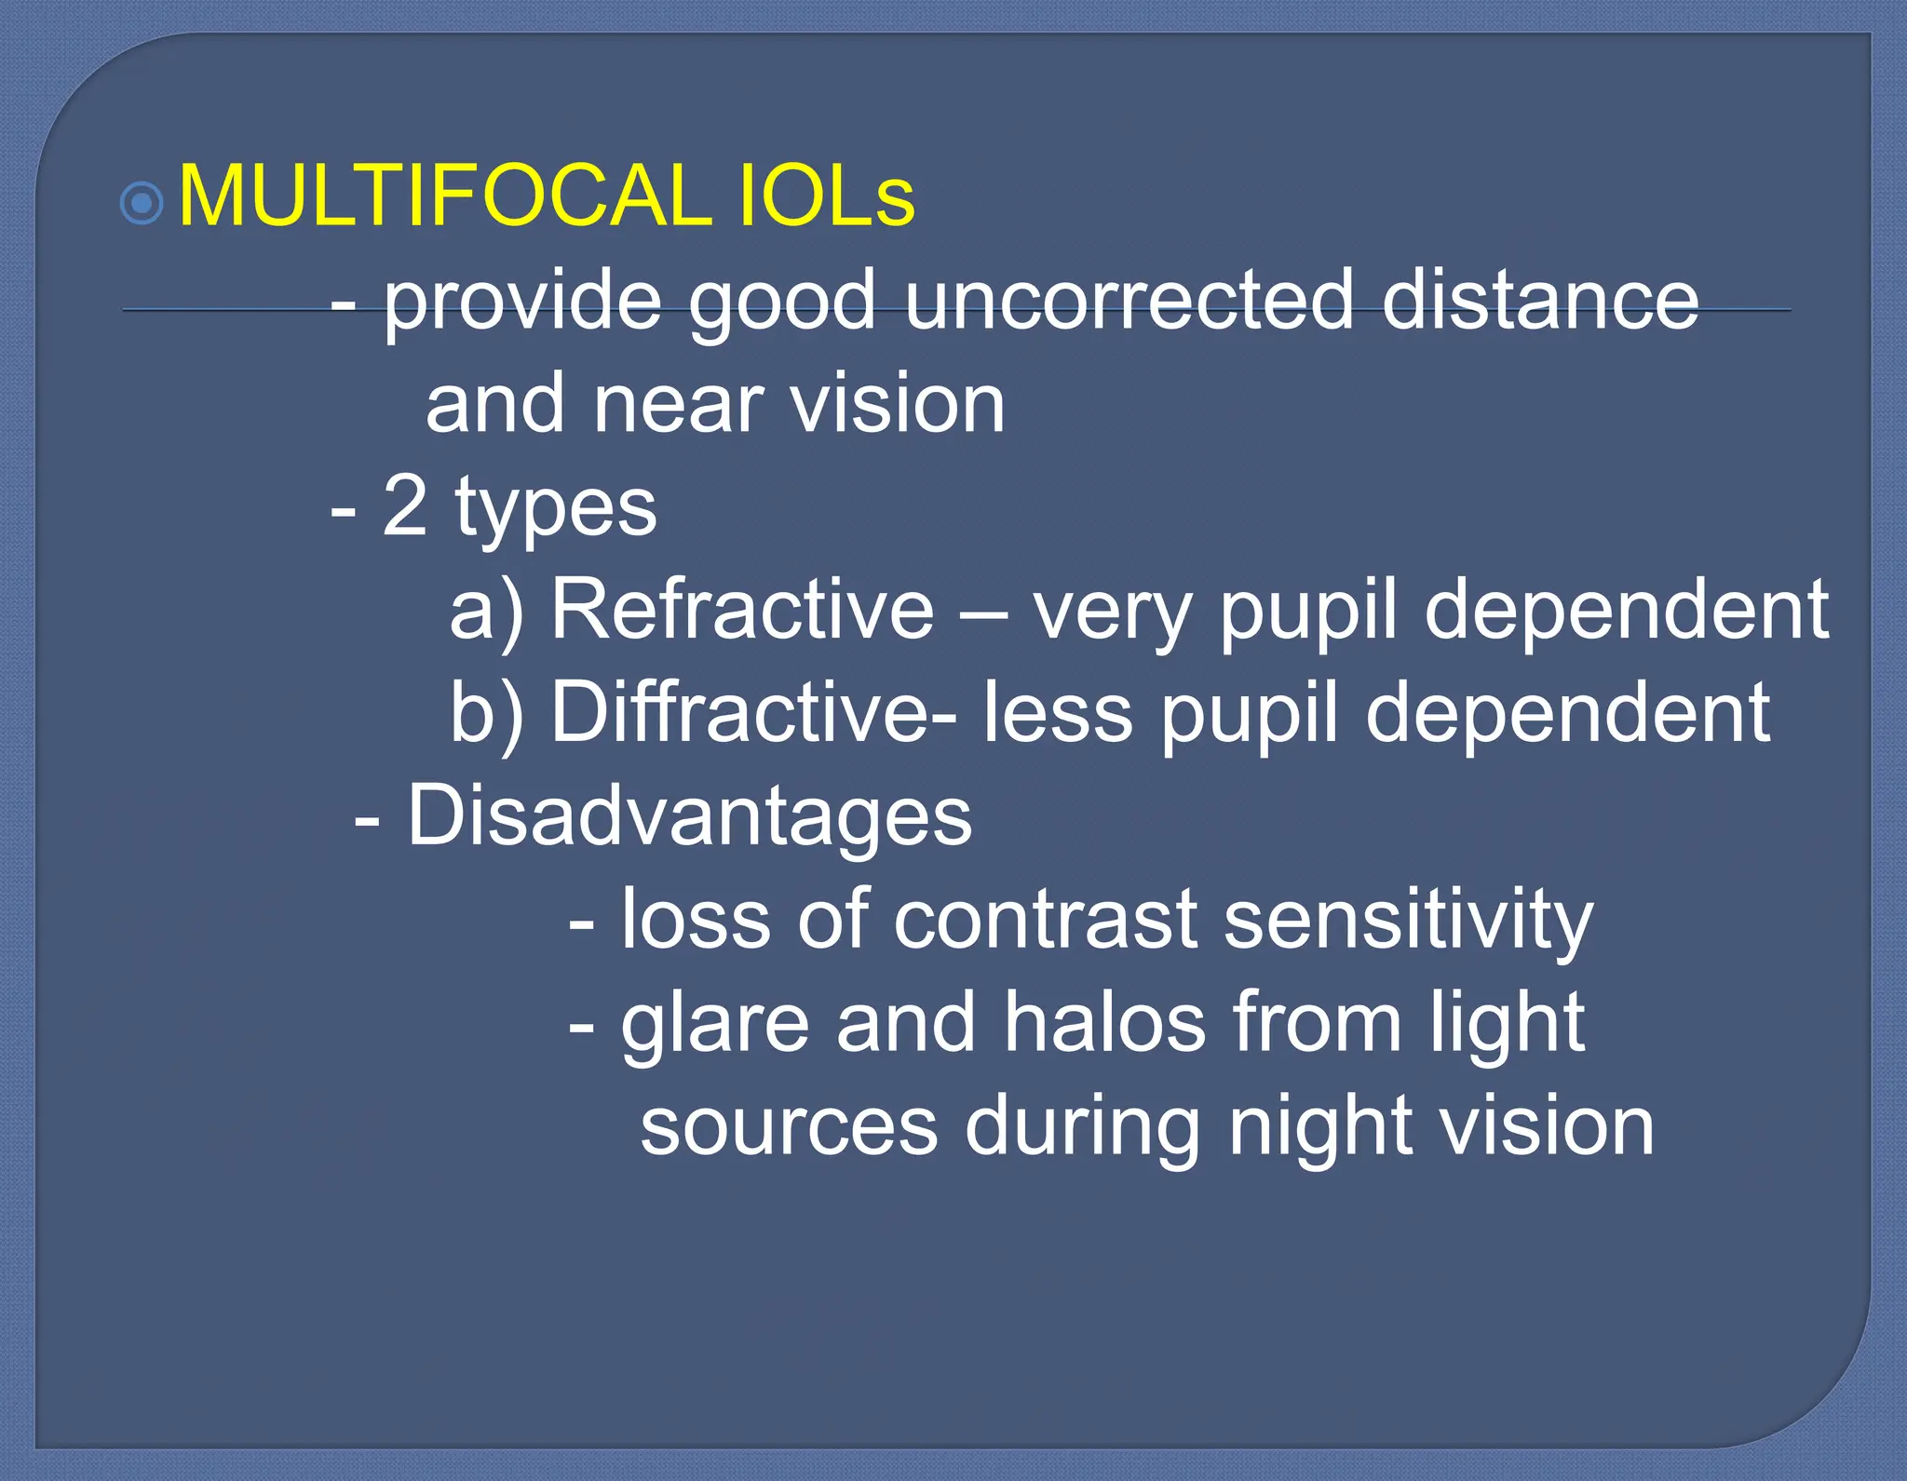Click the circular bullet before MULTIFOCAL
pos(142,202)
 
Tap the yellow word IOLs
pos(826,196)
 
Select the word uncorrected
pos(1129,300)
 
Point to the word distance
pos(1540,300)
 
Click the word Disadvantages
pos(689,815)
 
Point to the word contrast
pos(1045,920)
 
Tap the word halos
pos(1104,1022)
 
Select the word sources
pos(789,1127)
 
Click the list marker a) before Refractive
pos(486,612)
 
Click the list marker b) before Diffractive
pos(486,714)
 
